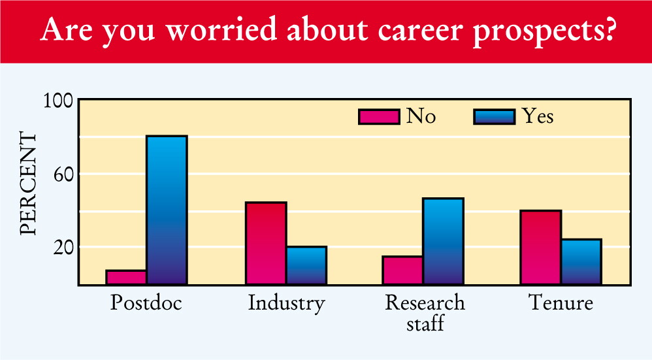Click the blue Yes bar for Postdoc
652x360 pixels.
pos(167,210)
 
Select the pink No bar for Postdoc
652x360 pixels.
pos(126,277)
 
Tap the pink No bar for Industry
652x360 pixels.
pos(266,243)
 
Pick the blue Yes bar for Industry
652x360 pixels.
pos(306,266)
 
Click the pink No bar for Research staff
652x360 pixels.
pos(402,270)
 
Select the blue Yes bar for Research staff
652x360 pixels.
pos(443,241)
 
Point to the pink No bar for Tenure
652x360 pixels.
pos(540,248)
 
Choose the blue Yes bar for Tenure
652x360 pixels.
pos(581,262)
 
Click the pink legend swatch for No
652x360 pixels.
pos(379,117)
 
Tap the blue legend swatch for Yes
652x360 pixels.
pos(495,117)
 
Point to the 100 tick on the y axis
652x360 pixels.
pos(58,101)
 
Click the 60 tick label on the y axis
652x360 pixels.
pos(63,174)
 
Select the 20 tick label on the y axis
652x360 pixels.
pos(63,248)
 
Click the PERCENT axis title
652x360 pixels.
pos(28,184)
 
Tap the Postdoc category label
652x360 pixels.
pos(146,303)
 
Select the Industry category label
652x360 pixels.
pos(287,303)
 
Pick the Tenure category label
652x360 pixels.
pos(561,303)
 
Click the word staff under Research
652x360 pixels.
pos(425,323)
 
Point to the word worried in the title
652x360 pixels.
pos(221,29)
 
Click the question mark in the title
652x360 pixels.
pos(608,29)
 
